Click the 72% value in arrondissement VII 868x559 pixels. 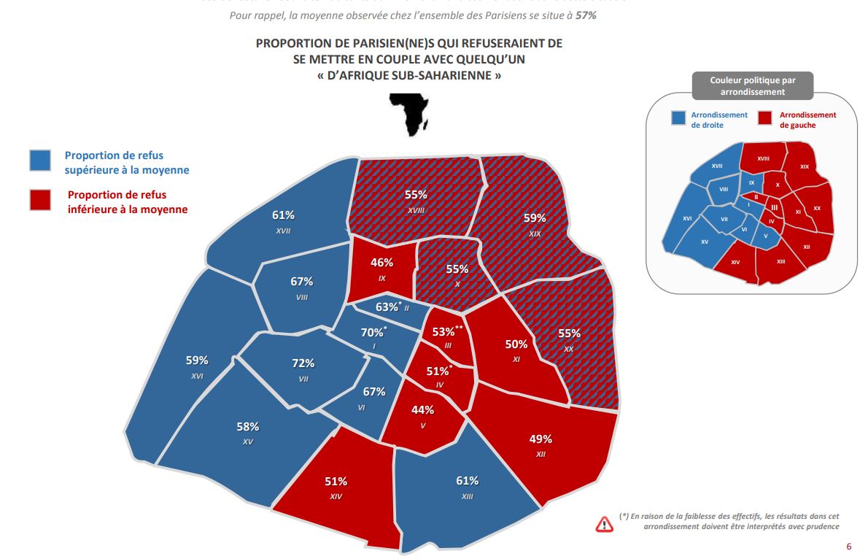click(303, 363)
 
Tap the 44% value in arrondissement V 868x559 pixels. click(422, 409)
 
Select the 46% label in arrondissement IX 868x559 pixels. click(382, 262)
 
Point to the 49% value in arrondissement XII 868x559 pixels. click(540, 439)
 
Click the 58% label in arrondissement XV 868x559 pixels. click(247, 426)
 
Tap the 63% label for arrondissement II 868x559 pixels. click(387, 307)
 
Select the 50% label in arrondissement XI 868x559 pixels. click(516, 344)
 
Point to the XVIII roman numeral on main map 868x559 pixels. click(416, 209)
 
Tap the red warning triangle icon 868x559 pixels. click(605, 523)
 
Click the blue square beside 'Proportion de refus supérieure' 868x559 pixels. click(40, 161)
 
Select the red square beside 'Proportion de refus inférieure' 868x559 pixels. click(40, 199)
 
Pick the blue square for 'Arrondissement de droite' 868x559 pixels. click(678, 119)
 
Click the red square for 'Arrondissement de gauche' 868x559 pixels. click(765, 119)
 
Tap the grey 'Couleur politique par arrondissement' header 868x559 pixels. click(753, 85)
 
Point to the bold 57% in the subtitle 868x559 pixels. click(586, 15)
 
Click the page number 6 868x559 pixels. click(848, 546)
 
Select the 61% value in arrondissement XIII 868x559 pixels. click(467, 480)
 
